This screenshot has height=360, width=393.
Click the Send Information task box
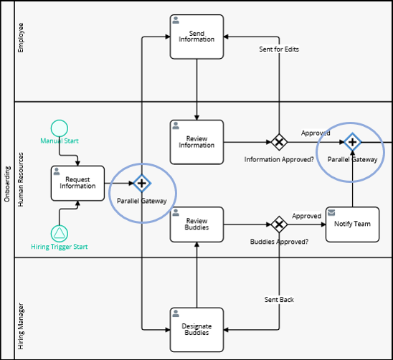click(196, 37)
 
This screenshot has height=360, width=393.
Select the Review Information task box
click(196, 142)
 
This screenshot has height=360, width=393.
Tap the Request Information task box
click(77, 183)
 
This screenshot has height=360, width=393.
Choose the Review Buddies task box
click(196, 224)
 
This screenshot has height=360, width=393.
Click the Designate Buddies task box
click(196, 330)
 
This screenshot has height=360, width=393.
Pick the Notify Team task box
click(352, 224)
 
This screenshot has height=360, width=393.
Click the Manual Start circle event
click(60, 128)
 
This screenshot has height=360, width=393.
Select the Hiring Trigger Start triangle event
click(60, 233)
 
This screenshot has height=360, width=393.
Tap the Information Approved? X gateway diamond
click(279, 142)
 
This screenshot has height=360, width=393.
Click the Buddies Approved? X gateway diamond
click(279, 224)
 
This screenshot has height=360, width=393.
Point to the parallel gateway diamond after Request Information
click(142, 184)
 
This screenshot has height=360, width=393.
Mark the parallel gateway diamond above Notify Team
click(352, 142)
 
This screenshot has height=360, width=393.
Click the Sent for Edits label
click(279, 49)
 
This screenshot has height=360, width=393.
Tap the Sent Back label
click(279, 299)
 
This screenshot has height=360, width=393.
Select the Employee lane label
click(21, 37)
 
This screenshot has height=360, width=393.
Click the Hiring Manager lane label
click(21, 326)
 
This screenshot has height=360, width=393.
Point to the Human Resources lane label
click(21, 179)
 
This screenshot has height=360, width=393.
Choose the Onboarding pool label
click(7, 184)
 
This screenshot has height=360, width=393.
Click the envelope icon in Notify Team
click(331, 212)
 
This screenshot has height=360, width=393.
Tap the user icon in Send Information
click(176, 20)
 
